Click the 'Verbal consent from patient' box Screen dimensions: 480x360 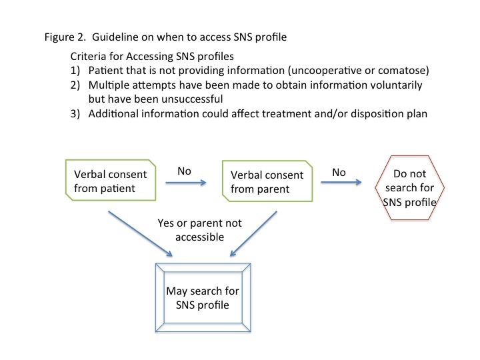[x=111, y=180]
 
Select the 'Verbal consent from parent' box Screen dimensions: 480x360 [x=267, y=181]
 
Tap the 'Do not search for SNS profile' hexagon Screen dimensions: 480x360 [x=409, y=187]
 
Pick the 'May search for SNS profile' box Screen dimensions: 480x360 [x=203, y=297]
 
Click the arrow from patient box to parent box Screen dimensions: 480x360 [x=186, y=183]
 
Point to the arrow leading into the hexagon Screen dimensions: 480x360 [x=341, y=182]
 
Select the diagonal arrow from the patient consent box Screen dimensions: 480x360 [x=140, y=233]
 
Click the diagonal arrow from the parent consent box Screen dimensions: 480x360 [x=253, y=233]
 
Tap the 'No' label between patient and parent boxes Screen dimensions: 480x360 [x=184, y=171]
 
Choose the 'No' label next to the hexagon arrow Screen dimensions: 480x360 [x=339, y=173]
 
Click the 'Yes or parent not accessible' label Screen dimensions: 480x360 [x=199, y=230]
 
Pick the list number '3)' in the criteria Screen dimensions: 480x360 [x=75, y=114]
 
